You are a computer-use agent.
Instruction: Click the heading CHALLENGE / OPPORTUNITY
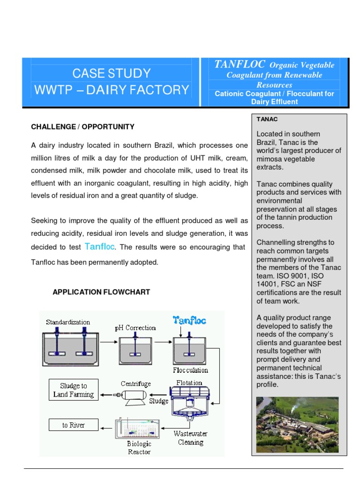(82, 127)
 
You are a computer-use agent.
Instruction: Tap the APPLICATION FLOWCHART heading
(101, 292)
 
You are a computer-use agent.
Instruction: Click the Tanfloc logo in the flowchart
(189, 320)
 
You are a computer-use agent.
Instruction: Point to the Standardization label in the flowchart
(68, 322)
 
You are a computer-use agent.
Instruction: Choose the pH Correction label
(135, 328)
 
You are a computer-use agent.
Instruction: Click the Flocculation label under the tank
(190, 370)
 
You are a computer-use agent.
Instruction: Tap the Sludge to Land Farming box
(73, 390)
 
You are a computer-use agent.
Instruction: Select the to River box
(74, 425)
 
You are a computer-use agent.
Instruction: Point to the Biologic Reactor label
(139, 448)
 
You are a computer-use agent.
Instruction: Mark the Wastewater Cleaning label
(190, 438)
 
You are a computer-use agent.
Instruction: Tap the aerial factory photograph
(299, 425)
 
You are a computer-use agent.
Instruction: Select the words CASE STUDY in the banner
(111, 73)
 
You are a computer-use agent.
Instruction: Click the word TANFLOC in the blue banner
(240, 65)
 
